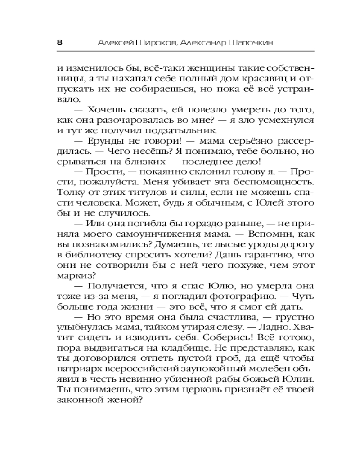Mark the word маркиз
click(x=74, y=275)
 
